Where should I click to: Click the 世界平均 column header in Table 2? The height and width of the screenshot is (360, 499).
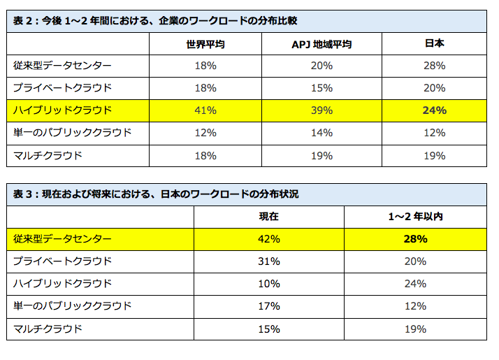coord(205,43)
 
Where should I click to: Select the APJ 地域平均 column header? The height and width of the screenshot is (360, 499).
coord(321,43)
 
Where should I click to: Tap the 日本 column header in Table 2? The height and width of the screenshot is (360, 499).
coord(434,43)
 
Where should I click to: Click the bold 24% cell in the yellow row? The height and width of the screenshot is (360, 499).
coord(434,110)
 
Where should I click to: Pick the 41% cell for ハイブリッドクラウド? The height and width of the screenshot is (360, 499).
coord(205,110)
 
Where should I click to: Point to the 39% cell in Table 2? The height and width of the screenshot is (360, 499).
coord(321,110)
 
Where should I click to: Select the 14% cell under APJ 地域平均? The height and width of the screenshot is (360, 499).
coord(321,133)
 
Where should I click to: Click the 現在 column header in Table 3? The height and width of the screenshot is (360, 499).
coord(268,217)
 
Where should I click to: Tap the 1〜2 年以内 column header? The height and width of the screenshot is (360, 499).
coord(415,217)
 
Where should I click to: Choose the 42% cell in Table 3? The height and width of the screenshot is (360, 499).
coord(268,239)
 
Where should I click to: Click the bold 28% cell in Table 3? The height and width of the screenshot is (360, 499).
coord(415,239)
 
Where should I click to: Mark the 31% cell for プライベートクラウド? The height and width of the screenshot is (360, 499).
coord(268,261)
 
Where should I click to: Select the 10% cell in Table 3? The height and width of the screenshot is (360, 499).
coord(268,284)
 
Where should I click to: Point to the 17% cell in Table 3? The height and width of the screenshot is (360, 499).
coord(268,306)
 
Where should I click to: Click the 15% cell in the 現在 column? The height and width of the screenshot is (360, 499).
coord(268,329)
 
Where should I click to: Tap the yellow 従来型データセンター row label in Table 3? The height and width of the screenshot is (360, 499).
coord(62,239)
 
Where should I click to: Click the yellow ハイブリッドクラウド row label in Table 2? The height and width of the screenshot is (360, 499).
coord(62,110)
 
